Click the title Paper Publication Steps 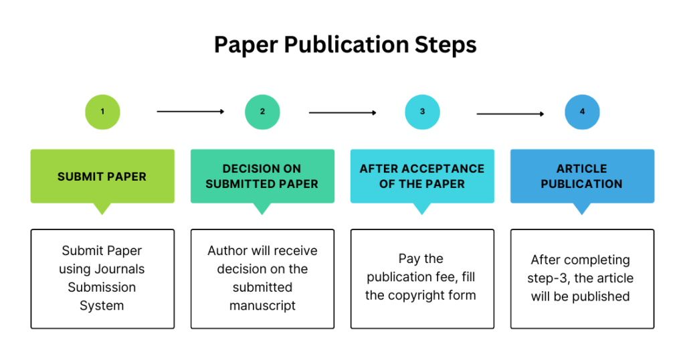click(345, 45)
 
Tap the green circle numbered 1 click(102, 112)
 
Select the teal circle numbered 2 click(262, 112)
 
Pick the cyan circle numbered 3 click(422, 112)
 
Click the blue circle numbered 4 click(582, 112)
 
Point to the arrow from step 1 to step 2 click(191, 112)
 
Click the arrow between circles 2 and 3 click(342, 113)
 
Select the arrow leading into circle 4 click(510, 114)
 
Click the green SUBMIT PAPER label click(102, 177)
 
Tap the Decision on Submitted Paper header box click(262, 176)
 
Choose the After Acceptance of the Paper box click(422, 176)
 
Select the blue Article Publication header click(582, 176)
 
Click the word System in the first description click(102, 306)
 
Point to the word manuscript click(262, 306)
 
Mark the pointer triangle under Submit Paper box click(102, 208)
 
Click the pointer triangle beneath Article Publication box click(582, 208)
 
